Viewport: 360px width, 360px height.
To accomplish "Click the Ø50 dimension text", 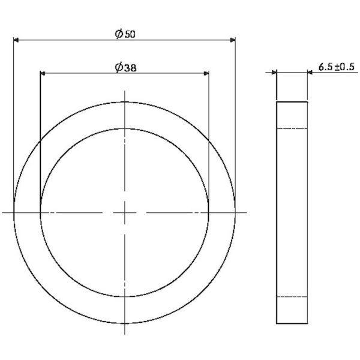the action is pos(125,34).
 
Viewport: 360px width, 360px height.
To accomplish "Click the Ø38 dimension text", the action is pos(125,67).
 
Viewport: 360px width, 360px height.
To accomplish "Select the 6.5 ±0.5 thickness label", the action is pos(337,67).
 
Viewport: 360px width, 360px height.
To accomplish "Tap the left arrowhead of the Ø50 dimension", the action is pos(16,40).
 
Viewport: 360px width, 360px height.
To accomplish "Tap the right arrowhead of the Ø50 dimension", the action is pos(233,40).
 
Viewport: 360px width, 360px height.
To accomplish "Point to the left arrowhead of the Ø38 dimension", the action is pos(43,73).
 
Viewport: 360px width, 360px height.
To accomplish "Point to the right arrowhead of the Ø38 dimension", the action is pos(206,73).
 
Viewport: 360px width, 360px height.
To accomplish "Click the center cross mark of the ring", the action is pos(124,213).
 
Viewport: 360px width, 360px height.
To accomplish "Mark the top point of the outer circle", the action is pos(124,102).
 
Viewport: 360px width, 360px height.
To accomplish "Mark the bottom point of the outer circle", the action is pos(124,323).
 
